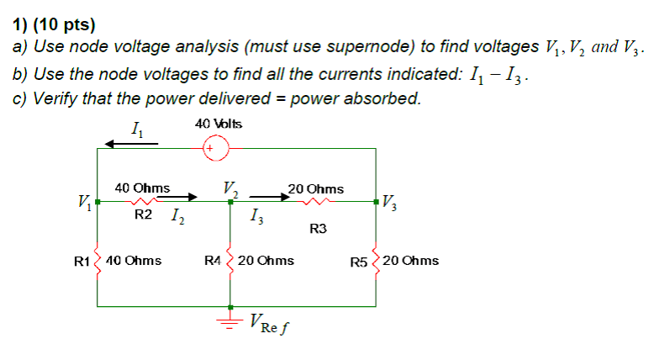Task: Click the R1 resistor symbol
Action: tap(98, 261)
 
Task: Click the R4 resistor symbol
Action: tap(230, 261)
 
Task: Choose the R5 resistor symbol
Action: tap(375, 261)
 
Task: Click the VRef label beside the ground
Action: tap(272, 322)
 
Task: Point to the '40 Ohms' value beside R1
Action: tap(135, 261)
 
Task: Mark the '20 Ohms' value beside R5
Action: tap(411, 261)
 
